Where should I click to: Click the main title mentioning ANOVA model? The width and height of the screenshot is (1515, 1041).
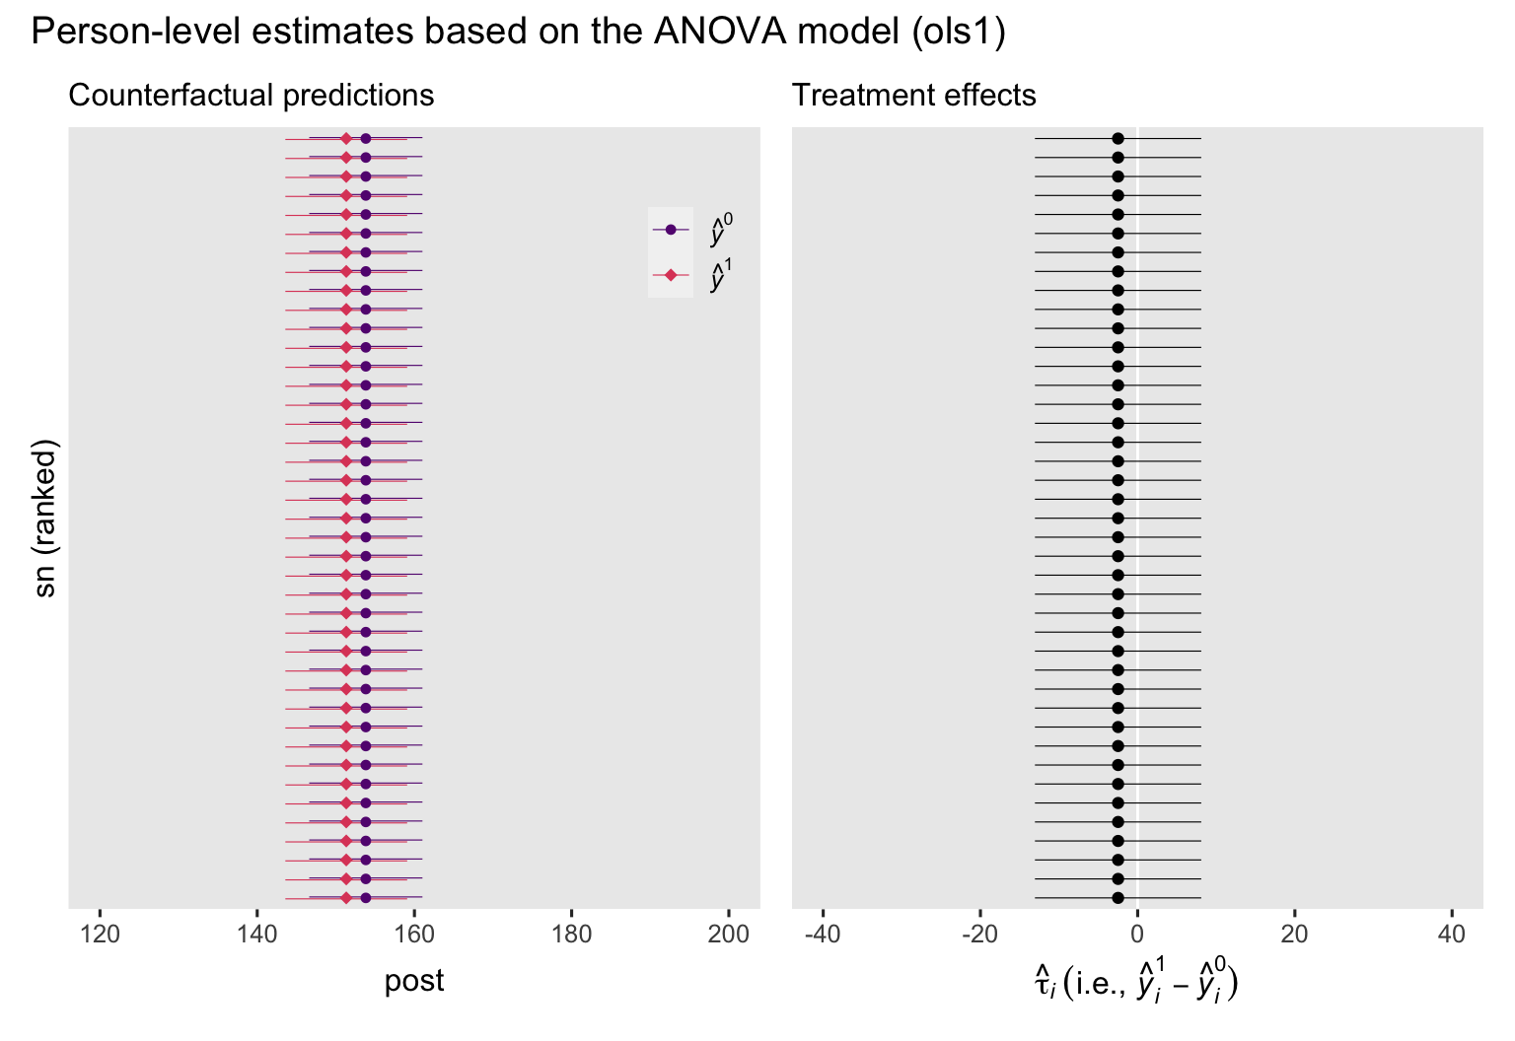[x=518, y=33]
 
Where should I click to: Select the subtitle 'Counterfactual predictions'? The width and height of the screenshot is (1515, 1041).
[x=251, y=96]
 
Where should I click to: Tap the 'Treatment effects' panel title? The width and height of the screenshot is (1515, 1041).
[x=913, y=96]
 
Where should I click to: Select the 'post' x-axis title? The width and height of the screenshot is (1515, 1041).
[x=414, y=982]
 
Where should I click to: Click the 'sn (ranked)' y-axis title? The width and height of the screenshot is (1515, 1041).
[x=45, y=518]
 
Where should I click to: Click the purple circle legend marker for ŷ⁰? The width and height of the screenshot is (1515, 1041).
[x=671, y=230]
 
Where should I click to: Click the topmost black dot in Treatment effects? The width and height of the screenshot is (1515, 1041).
[x=1118, y=139]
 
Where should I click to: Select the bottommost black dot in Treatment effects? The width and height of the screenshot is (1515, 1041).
[x=1118, y=898]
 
